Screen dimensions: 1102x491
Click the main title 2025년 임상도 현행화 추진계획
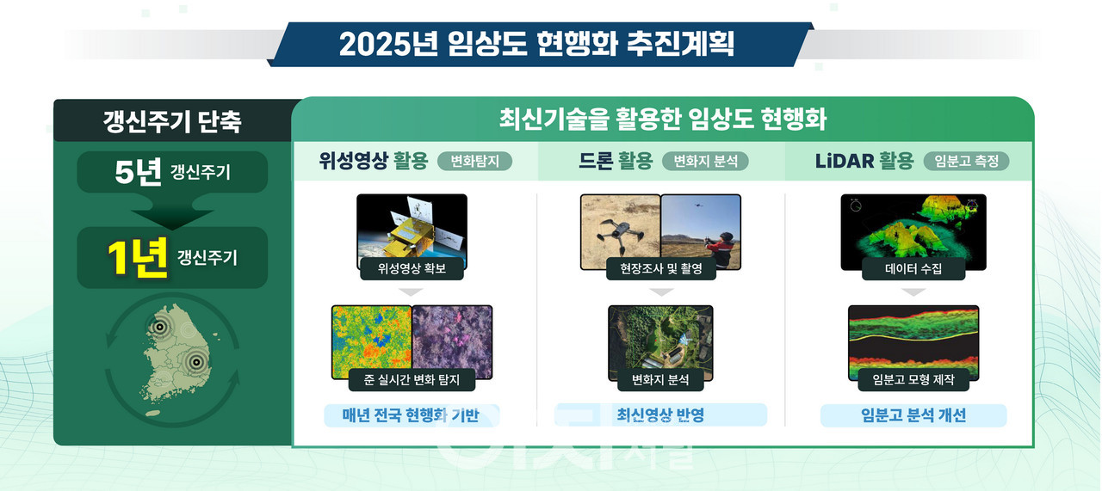[x=536, y=44]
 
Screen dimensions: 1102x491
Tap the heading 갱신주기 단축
[x=172, y=121]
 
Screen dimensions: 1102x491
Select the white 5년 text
[x=138, y=173]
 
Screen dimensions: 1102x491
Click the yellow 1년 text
[x=137, y=258]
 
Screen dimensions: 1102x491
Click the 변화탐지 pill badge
[x=474, y=161]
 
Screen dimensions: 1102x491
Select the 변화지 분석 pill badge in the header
[x=705, y=161]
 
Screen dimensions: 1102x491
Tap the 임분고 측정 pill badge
[x=966, y=161]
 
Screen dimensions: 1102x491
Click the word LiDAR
[x=845, y=161]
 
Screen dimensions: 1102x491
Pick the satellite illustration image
[x=412, y=231]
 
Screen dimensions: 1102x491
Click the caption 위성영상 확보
[x=412, y=268]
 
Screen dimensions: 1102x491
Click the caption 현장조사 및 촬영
[x=660, y=268]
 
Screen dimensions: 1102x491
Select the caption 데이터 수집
[x=913, y=268]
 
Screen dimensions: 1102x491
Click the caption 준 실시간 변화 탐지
[x=412, y=379]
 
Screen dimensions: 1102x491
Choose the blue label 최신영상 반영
[x=660, y=415]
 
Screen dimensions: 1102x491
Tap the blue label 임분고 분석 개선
[x=913, y=415]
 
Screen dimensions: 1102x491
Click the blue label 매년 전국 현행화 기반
[x=412, y=415]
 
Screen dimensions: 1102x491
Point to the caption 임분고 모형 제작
[x=913, y=379]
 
